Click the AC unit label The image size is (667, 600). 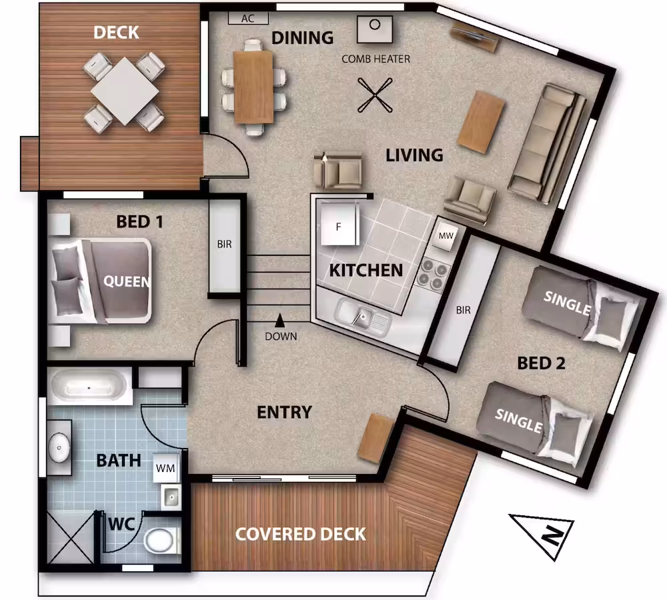pyautogui.click(x=248, y=18)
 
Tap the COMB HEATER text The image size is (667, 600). pyautogui.click(x=376, y=59)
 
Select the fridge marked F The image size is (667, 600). pyautogui.click(x=339, y=224)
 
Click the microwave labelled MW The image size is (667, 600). pyautogui.click(x=446, y=235)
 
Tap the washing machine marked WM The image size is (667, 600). pyautogui.click(x=166, y=468)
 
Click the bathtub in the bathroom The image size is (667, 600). pyautogui.click(x=89, y=387)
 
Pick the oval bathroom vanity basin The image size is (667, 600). pyautogui.click(x=59, y=447)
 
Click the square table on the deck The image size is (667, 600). pyautogui.click(x=125, y=91)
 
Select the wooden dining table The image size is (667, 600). pyautogui.click(x=253, y=87)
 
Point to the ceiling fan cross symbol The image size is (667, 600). pyautogui.click(x=375, y=95)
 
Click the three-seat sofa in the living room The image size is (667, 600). pyautogui.click(x=548, y=143)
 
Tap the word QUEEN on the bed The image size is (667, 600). pyautogui.click(x=127, y=281)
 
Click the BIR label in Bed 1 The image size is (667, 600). pyautogui.click(x=225, y=244)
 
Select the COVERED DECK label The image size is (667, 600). pyautogui.click(x=300, y=535)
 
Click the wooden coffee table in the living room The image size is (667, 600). pyautogui.click(x=481, y=122)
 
